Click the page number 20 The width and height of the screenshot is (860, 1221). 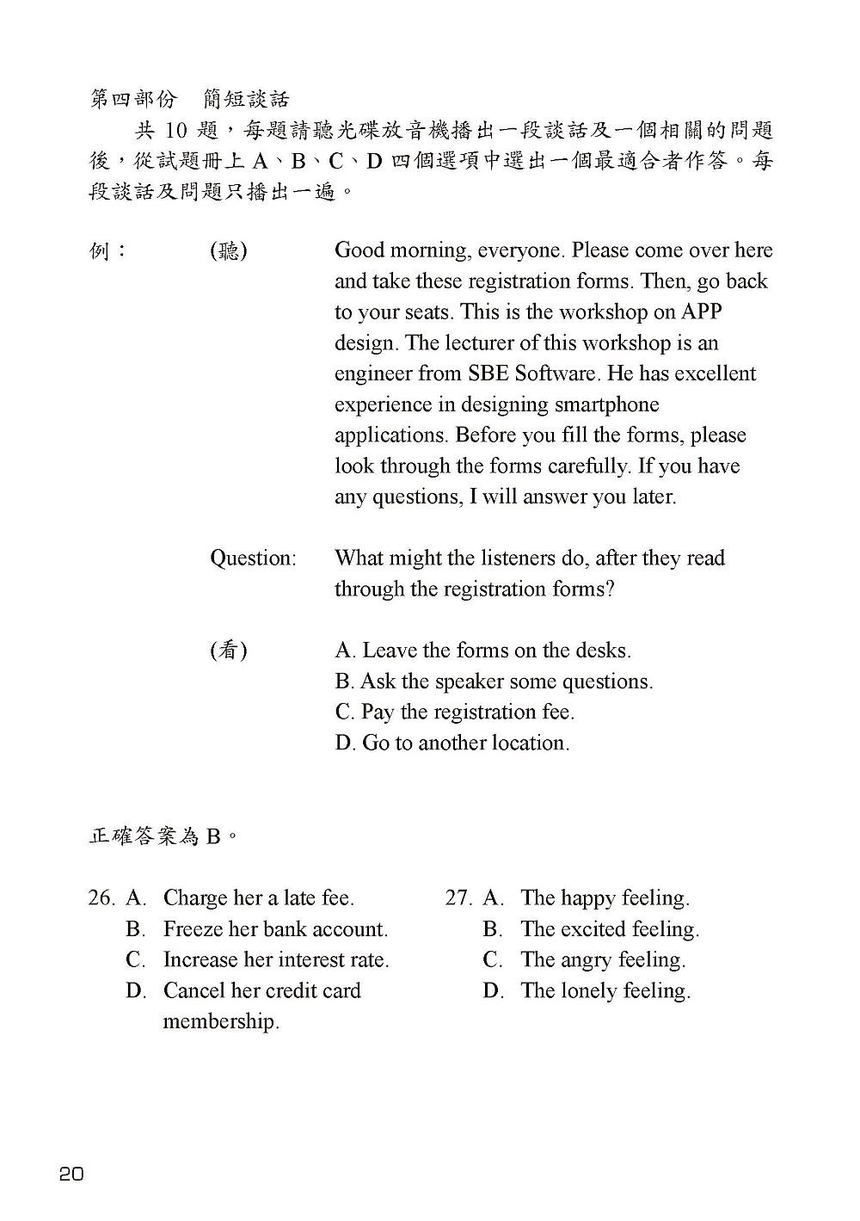pos(72,1173)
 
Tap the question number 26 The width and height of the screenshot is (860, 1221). pos(101,898)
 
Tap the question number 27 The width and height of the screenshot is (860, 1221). pos(458,898)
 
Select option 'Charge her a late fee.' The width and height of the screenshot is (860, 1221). pos(258,898)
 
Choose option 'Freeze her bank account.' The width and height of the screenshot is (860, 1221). pos(275,929)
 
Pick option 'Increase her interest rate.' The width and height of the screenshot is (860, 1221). pos(276,959)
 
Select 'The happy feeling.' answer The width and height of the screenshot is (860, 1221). pos(605,898)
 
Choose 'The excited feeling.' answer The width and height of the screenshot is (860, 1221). pos(610,929)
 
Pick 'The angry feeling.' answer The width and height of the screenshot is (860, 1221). pos(603,959)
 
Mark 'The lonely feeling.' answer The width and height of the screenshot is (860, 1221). pos(605,990)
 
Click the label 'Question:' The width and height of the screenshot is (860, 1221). pos(253,558)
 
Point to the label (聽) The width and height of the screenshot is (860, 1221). pos(229,250)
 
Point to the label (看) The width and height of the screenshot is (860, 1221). pos(229,651)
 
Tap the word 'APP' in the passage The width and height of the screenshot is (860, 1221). pos(707,311)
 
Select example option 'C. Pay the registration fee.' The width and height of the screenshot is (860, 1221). pos(454,712)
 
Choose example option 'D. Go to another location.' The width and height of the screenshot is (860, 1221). pos(452,743)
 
